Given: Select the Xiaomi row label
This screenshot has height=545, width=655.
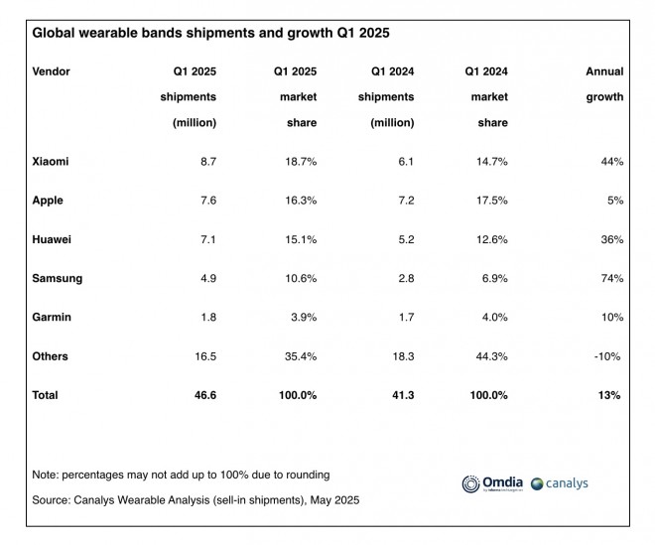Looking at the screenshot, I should (x=52, y=161).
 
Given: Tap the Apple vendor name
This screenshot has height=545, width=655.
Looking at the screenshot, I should (x=48, y=200).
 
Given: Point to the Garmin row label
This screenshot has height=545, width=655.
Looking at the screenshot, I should (x=52, y=317).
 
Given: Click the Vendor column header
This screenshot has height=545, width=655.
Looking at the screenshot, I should (x=52, y=71).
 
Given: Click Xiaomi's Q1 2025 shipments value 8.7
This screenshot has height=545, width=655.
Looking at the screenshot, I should (x=206, y=161).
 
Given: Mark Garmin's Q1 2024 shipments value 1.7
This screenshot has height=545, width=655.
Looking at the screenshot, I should (x=405, y=317).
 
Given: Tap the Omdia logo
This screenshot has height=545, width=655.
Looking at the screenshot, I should (x=493, y=483).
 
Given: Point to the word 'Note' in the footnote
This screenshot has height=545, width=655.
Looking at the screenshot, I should (x=46, y=475).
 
